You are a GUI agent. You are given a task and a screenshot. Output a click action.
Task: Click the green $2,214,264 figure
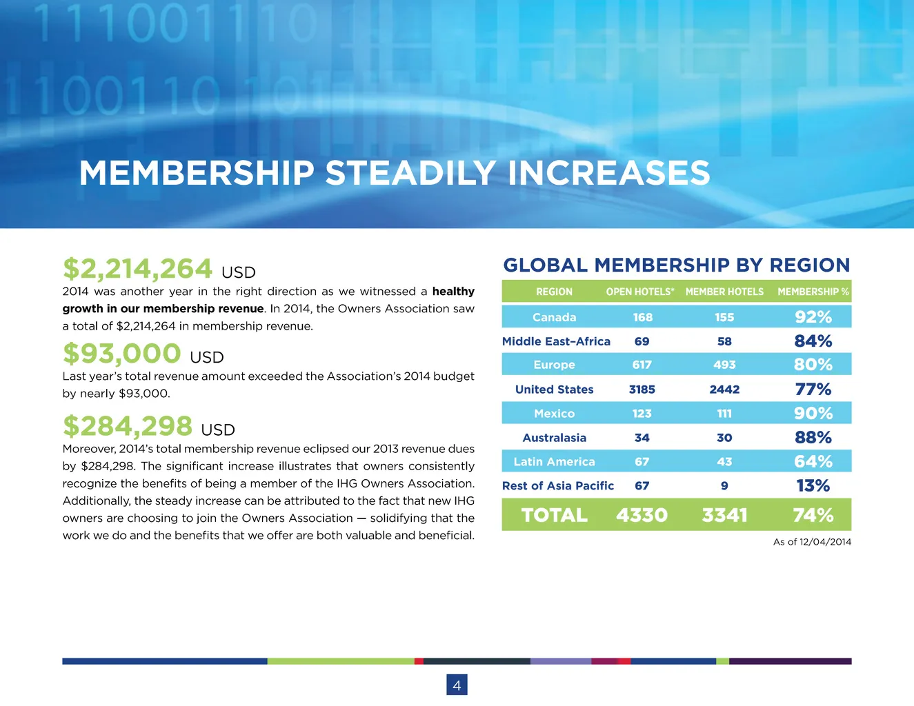point(137,268)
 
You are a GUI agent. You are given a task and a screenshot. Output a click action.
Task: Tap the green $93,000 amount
point(121,353)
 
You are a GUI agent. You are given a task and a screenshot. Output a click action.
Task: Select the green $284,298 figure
point(128,425)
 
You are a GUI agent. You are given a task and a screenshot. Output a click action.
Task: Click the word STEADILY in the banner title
point(410,172)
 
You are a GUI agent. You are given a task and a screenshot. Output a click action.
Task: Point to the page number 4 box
point(457,685)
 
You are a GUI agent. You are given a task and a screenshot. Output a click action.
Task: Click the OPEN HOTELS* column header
point(640,292)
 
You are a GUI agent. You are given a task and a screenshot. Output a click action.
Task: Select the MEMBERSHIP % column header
point(813,292)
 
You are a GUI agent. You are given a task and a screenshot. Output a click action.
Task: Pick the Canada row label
point(554,317)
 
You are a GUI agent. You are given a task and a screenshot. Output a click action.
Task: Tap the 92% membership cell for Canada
point(813,317)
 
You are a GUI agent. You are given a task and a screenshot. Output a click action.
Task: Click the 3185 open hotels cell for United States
point(642,390)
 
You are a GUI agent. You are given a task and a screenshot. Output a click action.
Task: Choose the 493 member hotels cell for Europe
point(724,365)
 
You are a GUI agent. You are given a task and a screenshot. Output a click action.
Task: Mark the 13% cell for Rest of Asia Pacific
point(813,485)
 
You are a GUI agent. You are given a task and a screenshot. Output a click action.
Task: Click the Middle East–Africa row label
point(556,341)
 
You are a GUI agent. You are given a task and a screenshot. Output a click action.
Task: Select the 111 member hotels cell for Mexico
point(724,414)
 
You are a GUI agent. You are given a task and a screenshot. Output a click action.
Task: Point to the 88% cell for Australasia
point(813,438)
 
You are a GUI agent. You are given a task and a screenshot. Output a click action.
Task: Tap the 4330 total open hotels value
point(642,515)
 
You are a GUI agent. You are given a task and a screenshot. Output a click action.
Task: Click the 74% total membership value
point(813,515)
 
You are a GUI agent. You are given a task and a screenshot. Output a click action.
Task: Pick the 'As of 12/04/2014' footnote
point(812,542)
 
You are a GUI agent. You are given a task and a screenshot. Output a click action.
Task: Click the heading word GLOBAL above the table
point(546,265)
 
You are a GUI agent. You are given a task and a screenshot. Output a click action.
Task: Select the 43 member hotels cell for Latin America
point(724,462)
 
